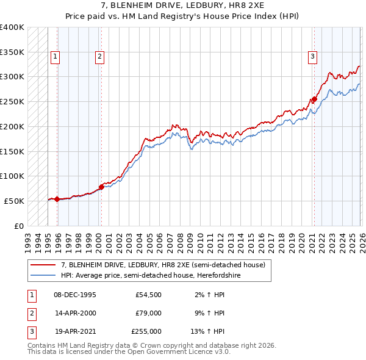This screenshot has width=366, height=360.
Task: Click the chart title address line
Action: [x=183, y=5]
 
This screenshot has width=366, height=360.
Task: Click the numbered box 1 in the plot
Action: [x=55, y=57]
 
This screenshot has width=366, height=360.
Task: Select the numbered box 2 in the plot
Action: [x=99, y=57]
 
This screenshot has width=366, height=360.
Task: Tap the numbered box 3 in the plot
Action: [x=312, y=57]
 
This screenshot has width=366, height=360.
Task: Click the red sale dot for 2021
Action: [x=314, y=99]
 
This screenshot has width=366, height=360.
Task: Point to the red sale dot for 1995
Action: [x=57, y=199]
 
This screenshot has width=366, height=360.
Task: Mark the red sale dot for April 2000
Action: [x=101, y=187]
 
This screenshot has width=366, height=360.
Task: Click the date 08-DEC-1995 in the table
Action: [x=74, y=295]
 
